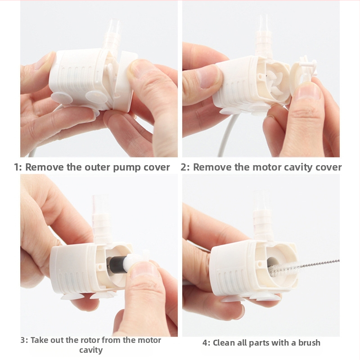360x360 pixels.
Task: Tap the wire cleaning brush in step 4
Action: click(x=303, y=267)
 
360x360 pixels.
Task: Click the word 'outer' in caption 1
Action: click(x=97, y=167)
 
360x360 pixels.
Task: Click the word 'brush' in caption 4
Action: click(x=309, y=342)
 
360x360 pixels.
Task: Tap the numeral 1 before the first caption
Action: click(x=17, y=167)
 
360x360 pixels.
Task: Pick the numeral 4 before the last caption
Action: click(x=206, y=343)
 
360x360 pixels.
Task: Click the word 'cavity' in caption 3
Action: click(x=91, y=351)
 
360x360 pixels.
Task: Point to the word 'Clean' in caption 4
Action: click(x=223, y=342)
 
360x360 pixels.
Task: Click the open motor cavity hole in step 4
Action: click(x=273, y=267)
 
